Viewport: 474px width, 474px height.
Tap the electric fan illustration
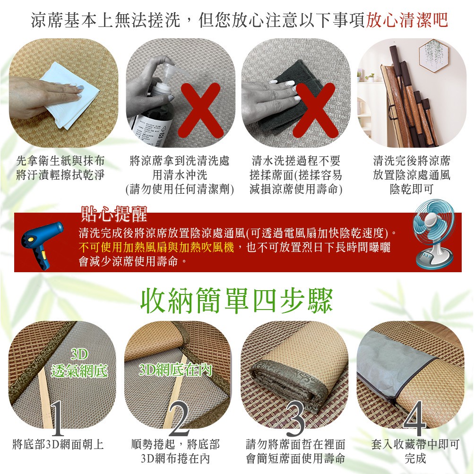coord(434,234)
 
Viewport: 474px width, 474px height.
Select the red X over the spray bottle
coord(200,110)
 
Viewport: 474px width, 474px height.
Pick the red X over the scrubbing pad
coord(316,110)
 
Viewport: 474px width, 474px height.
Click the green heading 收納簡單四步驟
coord(237,301)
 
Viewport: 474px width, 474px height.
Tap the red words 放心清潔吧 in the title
coord(407,20)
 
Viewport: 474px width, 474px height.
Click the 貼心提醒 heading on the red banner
coord(114,214)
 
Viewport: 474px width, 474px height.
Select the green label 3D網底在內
coord(175,370)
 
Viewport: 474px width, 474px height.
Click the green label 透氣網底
coord(79,371)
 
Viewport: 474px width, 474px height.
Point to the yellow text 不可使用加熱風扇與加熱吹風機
coord(156,247)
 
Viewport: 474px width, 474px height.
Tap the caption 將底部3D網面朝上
coord(58,444)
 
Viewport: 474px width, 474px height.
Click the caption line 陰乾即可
coord(412,189)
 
